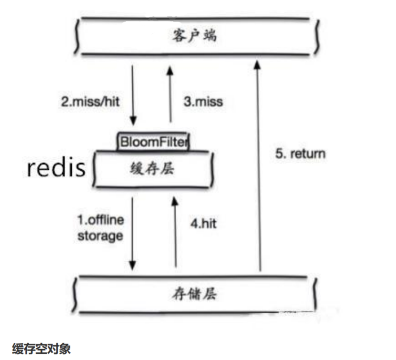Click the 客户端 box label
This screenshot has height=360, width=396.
[194, 36]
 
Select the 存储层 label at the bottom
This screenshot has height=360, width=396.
[194, 294]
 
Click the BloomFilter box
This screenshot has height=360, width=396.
[153, 141]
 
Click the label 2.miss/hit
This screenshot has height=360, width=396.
[90, 102]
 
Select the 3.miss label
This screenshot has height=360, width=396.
[203, 102]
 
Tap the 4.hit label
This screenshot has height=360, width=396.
[203, 223]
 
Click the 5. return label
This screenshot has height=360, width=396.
[300, 154]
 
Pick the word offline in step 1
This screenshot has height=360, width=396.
[106, 220]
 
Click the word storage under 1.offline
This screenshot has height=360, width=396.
[100, 236]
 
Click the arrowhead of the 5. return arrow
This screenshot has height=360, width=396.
[257, 65]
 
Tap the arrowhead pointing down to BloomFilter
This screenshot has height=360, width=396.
[133, 121]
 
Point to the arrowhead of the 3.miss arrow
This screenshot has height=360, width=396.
[170, 71]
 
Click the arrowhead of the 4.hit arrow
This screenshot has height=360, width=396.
[175, 201]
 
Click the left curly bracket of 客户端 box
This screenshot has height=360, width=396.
[77, 36]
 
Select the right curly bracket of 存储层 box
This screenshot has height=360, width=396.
[315, 294]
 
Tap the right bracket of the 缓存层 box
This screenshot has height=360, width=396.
[212, 169]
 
